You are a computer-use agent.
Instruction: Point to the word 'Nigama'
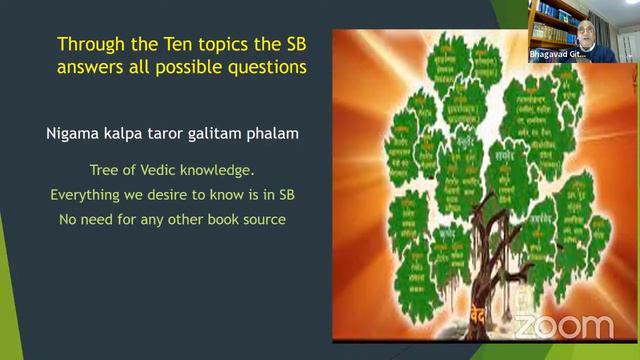point(71,132)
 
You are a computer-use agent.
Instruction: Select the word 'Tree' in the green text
point(107,169)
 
